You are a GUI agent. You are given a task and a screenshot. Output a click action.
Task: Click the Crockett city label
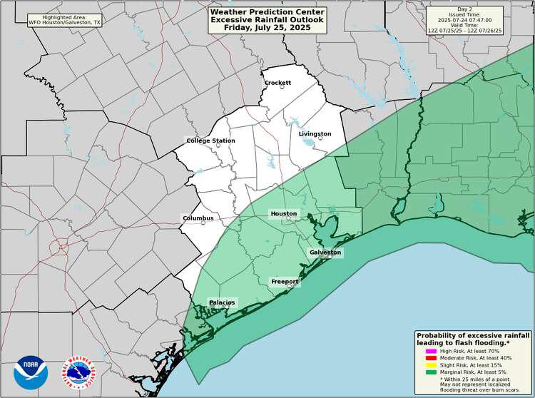pos(277,83)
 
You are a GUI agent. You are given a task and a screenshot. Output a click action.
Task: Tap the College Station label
pos(210,141)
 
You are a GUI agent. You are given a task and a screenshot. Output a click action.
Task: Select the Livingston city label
pos(315,134)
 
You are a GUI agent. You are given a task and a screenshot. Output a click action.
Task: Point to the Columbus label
pos(198,218)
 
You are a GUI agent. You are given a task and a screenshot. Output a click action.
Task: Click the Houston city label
pos(283,213)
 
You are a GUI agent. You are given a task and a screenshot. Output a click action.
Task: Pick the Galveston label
pos(325,252)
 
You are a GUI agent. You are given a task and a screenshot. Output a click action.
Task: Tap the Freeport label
pos(285,282)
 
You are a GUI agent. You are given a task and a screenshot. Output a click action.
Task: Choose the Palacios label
pos(222,302)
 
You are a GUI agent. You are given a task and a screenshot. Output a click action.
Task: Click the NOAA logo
pos(31,372)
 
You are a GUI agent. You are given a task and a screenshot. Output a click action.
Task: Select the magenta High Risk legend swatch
pos(430,352)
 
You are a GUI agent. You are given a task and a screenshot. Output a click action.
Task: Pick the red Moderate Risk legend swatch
pos(430,358)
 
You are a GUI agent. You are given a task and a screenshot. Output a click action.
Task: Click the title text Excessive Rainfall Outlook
pos(267,20)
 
